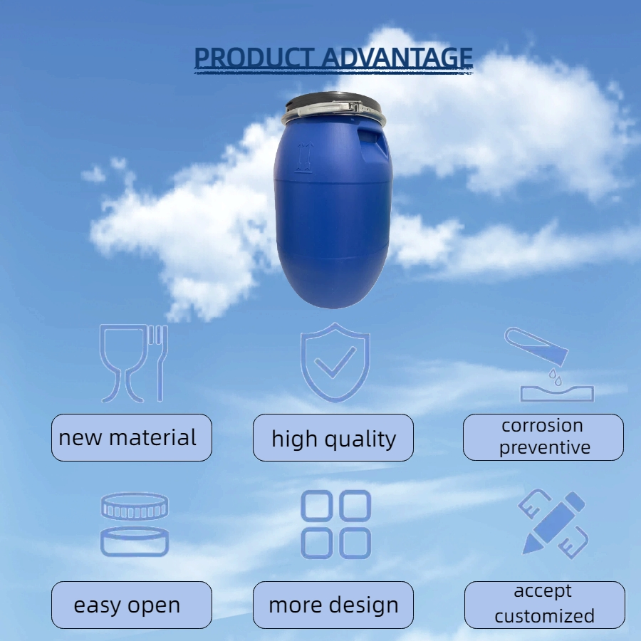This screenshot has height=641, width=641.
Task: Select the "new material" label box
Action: (x=132, y=437)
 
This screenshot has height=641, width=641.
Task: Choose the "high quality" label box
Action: (x=333, y=437)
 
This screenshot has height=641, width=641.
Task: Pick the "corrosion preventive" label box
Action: (x=543, y=437)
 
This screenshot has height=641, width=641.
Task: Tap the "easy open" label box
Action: (x=132, y=605)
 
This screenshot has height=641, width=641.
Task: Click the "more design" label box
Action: (x=333, y=605)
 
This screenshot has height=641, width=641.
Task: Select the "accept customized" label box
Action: (x=544, y=604)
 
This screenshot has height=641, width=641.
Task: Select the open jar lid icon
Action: (x=135, y=524)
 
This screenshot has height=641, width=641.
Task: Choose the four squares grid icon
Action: (x=335, y=524)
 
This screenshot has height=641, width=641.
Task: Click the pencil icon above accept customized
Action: (x=553, y=523)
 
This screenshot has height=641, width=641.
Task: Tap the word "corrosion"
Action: (x=543, y=426)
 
